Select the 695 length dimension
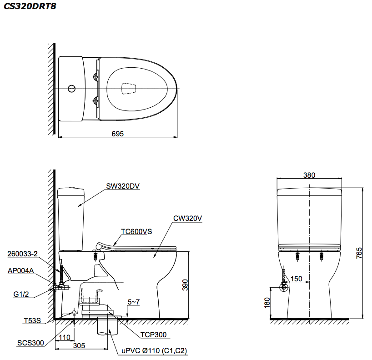point(118,133)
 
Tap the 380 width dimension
point(309,175)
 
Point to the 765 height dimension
point(358,252)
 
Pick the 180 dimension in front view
point(267,302)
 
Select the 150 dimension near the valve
point(297,279)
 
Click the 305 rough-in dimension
point(79,345)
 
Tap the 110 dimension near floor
point(65,337)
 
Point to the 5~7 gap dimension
point(134,301)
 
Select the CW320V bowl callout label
point(187,218)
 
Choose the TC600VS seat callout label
point(136,231)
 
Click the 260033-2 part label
point(23,254)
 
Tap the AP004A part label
point(20,270)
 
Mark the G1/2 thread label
point(21,294)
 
